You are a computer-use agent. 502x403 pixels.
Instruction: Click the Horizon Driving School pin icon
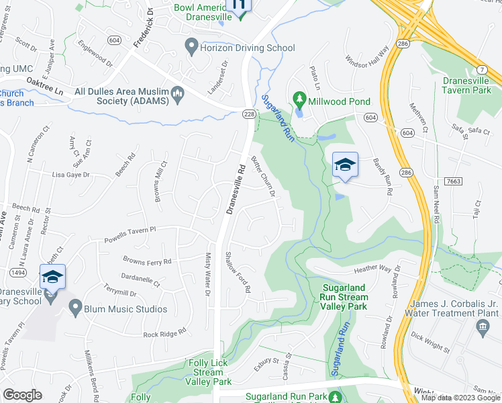pyautogui.click(x=191, y=47)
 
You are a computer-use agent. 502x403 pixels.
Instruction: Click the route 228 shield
pyautogui.click(x=248, y=115)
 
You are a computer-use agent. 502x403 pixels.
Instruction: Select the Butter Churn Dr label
pyautogui.click(x=263, y=177)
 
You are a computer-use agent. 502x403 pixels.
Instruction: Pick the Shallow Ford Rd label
pyautogui.click(x=238, y=272)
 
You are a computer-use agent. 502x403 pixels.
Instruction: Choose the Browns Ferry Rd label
pyautogui.click(x=147, y=261)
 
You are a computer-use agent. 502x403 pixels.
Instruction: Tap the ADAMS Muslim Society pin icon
pyautogui.click(x=178, y=93)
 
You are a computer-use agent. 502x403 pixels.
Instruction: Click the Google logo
pyautogui.click(x=23, y=395)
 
